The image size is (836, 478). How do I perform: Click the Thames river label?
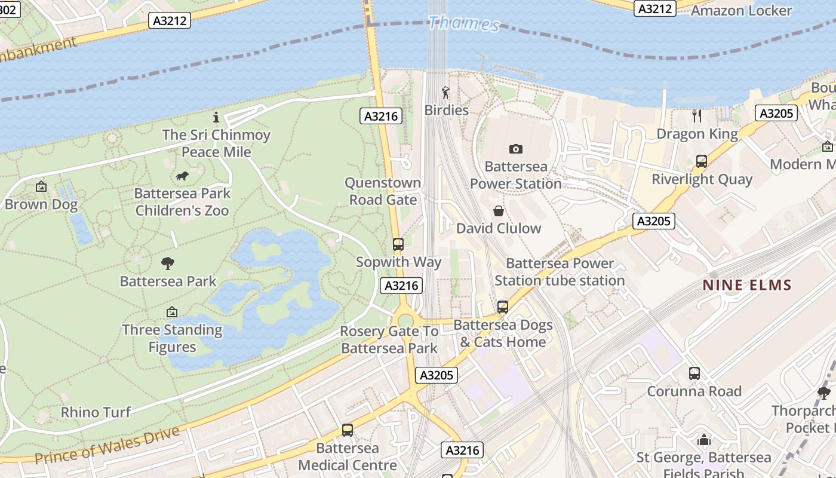[464, 23]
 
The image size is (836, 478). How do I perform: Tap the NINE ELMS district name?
[746, 285]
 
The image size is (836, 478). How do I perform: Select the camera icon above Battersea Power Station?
[515, 149]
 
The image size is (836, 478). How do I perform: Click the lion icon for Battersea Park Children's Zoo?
[182, 176]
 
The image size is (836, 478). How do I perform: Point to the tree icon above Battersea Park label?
[168, 263]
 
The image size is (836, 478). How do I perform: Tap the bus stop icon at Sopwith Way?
[398, 244]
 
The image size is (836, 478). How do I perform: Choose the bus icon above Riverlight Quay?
[702, 161]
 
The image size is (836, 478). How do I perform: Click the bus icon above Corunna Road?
[694, 373]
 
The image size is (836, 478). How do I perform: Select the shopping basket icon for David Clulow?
[499, 211]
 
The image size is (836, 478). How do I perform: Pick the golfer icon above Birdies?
[445, 93]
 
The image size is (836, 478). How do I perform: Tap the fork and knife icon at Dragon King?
[697, 115]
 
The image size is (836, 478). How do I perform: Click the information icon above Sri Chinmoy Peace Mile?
[216, 117]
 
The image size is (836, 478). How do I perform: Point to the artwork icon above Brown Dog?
[41, 187]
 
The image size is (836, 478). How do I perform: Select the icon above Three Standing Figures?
[172, 312]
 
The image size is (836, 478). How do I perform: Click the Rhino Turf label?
[96, 412]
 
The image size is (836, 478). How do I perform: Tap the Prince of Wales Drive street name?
[107, 446]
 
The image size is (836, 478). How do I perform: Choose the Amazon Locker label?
[741, 10]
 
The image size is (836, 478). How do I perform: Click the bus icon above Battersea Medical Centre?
[347, 430]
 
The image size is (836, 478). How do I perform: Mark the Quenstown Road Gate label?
[383, 191]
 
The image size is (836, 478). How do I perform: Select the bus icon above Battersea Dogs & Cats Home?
[503, 307]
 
